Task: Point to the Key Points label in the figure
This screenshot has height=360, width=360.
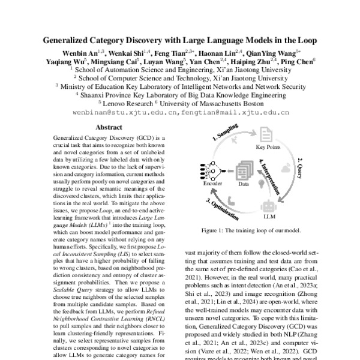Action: (x=269, y=148)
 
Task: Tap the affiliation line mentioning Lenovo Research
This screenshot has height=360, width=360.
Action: (x=180, y=103)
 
